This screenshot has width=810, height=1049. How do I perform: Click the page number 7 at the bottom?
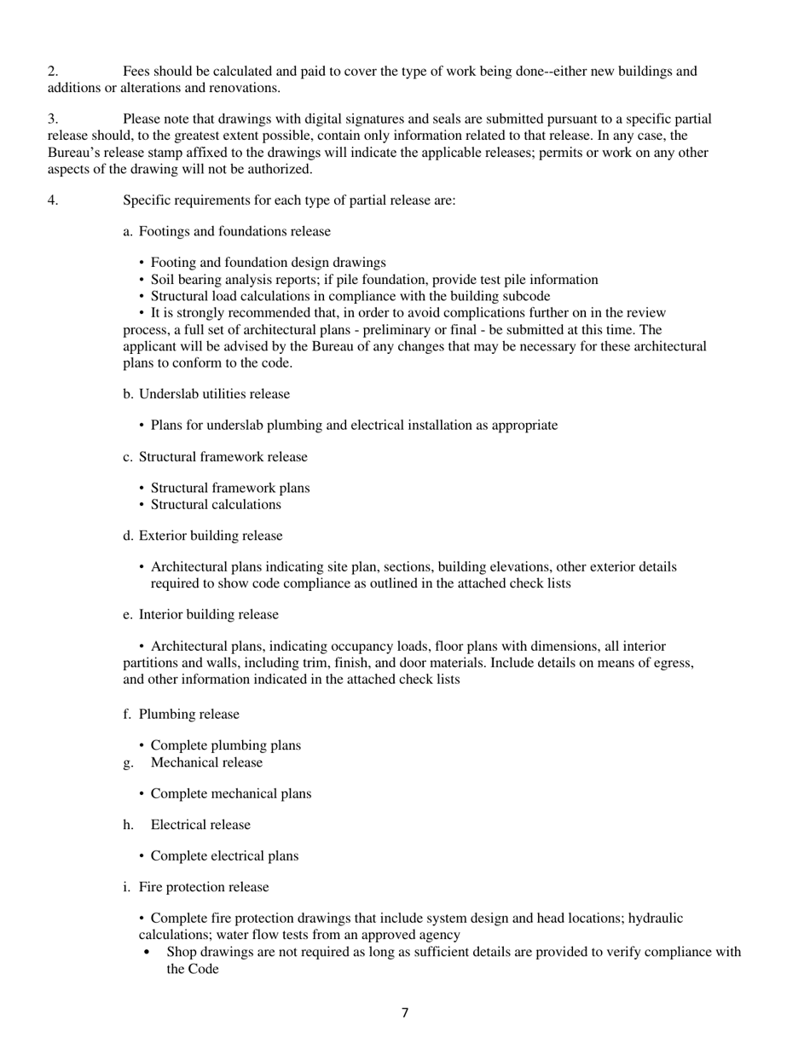404,1013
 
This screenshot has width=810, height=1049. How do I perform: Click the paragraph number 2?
53,72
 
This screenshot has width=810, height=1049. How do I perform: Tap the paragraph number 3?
53,119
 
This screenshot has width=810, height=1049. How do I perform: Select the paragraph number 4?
53,200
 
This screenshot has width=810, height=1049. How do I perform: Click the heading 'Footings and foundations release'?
234,231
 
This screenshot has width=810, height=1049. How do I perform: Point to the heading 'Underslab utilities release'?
214,394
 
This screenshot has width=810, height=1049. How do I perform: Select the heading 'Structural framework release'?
223,457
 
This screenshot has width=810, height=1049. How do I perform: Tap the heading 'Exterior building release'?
211,536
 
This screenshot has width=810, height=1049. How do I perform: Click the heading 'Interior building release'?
208,615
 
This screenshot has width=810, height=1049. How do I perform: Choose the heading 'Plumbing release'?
188,715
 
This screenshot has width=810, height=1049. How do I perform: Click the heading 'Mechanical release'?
206,762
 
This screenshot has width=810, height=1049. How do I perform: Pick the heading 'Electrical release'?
200,825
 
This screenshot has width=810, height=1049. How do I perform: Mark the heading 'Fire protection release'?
204,887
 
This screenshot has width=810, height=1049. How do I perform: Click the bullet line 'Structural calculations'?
216,505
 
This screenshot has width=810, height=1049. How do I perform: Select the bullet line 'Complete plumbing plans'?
225,745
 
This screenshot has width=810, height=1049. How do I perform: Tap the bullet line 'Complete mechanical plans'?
230,794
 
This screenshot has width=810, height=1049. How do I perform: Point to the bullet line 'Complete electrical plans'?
224,856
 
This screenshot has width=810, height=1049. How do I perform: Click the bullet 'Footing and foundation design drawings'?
268,263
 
